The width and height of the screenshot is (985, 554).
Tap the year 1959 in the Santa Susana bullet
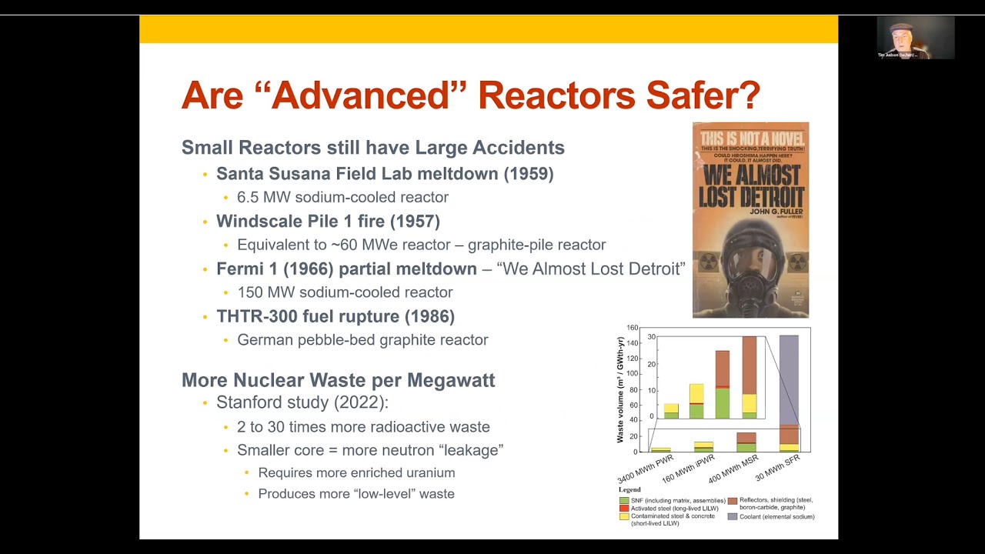click(x=529, y=174)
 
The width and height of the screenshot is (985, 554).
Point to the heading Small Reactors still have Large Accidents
click(x=372, y=148)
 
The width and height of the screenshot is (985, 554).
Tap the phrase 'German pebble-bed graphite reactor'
click(x=362, y=340)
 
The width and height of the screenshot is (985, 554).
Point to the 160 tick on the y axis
click(x=632, y=328)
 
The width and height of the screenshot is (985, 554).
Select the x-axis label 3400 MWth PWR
click(x=646, y=469)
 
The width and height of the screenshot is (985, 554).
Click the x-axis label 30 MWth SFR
click(x=778, y=468)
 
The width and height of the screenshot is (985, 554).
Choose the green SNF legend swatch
click(x=624, y=501)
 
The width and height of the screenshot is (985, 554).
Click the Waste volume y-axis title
click(x=620, y=389)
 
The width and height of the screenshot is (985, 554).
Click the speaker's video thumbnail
click(x=915, y=38)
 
